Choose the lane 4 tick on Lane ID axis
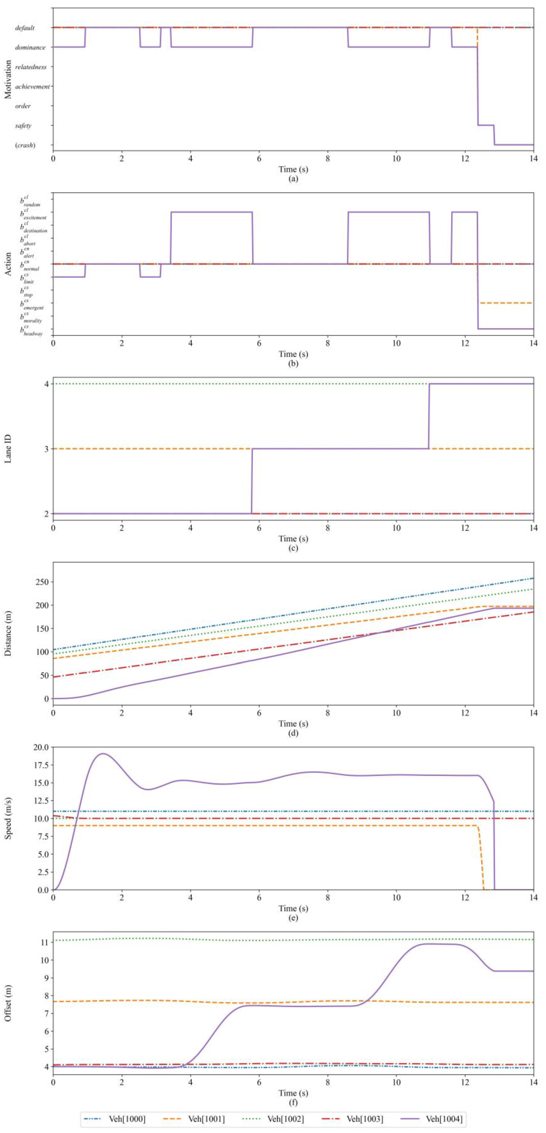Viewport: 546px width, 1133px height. [46, 384]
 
